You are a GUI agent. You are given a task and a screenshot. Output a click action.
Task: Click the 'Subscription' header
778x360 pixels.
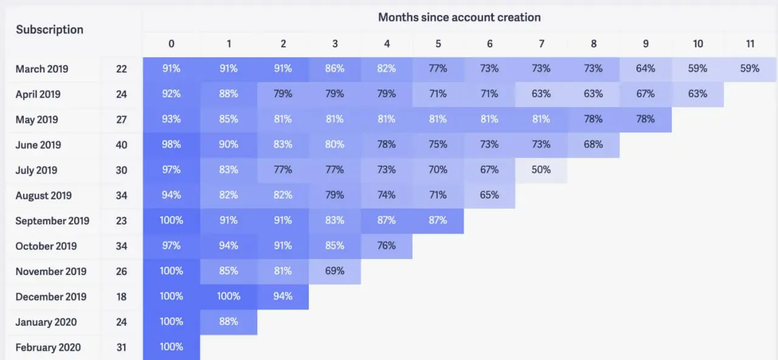coord(49,30)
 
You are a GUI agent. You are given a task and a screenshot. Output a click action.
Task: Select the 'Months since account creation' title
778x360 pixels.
coord(459,17)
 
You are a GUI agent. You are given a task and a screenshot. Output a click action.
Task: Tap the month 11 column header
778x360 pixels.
coord(750,44)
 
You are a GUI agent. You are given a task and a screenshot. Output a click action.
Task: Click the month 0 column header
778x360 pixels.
coord(171,44)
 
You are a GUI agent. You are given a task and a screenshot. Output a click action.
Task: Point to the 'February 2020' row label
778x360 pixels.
coord(48,347)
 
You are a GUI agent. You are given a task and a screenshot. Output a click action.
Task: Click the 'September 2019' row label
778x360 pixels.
coord(52,221)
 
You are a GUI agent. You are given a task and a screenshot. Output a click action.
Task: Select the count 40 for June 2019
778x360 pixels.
coord(122,145)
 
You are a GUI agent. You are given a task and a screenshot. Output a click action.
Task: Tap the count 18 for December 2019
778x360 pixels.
coord(122,297)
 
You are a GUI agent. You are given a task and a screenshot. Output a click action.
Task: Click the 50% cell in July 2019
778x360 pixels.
coord(541,170)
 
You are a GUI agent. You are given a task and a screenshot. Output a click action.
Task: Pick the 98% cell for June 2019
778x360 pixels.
coord(171,145)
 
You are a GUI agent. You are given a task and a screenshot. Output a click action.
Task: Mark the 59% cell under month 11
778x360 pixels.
coord(750,69)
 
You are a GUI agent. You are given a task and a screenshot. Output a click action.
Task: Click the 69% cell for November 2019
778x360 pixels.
coord(334,271)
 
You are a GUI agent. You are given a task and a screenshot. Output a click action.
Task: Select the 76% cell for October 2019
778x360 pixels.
coord(386,246)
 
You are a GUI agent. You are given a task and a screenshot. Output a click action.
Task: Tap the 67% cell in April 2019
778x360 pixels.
coord(645,94)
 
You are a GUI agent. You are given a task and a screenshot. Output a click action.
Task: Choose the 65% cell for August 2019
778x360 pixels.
coord(489,195)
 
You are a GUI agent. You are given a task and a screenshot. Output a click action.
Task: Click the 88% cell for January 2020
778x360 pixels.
coord(229,322)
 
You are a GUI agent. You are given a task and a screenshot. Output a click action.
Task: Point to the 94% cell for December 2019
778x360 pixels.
coord(283,296)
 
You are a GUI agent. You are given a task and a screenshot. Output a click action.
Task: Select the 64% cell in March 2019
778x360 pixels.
coord(645,69)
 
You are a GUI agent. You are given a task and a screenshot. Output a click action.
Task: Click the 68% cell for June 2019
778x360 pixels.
coord(593,145)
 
